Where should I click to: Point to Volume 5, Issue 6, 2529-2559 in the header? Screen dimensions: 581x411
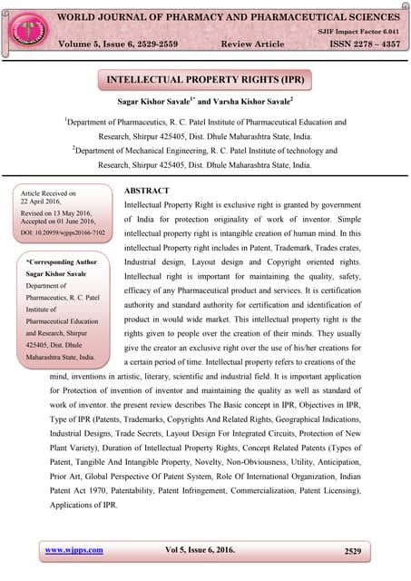tap(119, 44)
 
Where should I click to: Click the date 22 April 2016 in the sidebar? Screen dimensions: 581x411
tap(45, 202)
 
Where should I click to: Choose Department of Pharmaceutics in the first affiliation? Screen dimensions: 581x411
tap(118, 121)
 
